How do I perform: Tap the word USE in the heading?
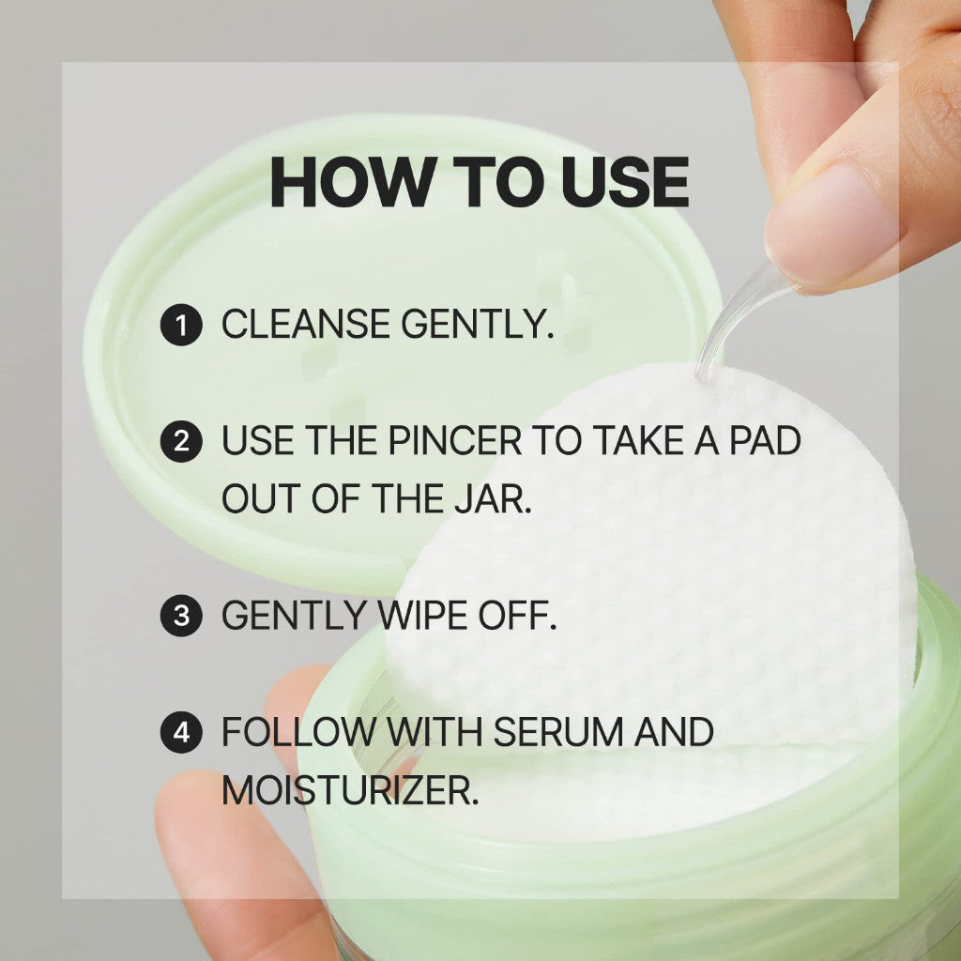[625, 182]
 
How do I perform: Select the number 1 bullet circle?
[181, 325]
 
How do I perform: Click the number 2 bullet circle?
[181, 441]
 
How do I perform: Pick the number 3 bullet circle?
[181, 616]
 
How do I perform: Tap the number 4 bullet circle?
[181, 732]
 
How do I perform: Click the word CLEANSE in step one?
[305, 324]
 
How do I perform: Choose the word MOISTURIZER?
[349, 790]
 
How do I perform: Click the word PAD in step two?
[765, 440]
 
